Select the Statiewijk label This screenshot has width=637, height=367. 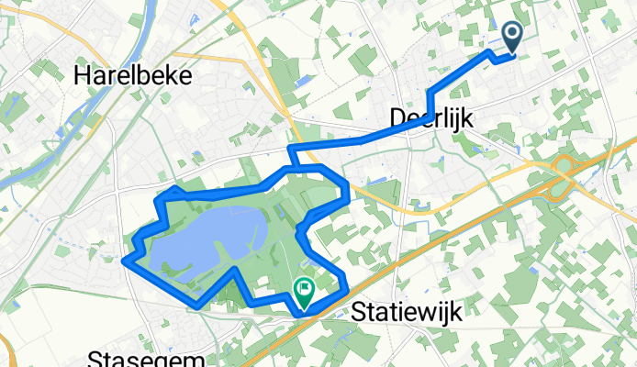coord(406,312)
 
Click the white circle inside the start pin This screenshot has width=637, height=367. coord(512,34)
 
